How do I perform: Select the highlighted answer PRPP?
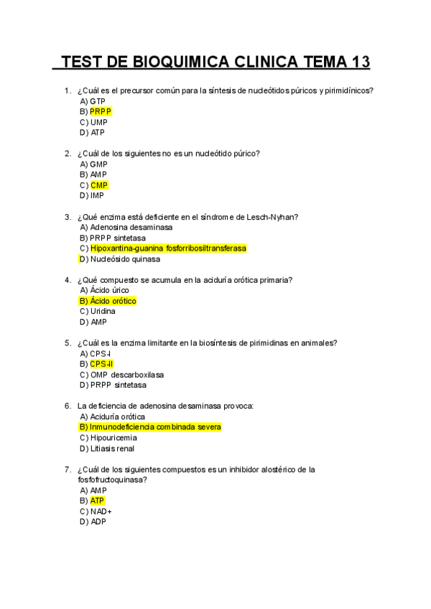(x=101, y=112)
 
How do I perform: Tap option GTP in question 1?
(x=98, y=101)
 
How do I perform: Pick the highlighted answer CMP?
(x=99, y=185)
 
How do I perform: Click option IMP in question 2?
(x=98, y=195)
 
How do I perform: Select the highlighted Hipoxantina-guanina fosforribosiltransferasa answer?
(x=168, y=248)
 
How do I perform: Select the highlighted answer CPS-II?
(x=102, y=364)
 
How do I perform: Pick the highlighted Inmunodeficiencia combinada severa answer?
(x=156, y=427)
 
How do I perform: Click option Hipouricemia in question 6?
(x=113, y=437)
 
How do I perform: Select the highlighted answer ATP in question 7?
(x=98, y=501)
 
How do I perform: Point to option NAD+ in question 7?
(x=101, y=511)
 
